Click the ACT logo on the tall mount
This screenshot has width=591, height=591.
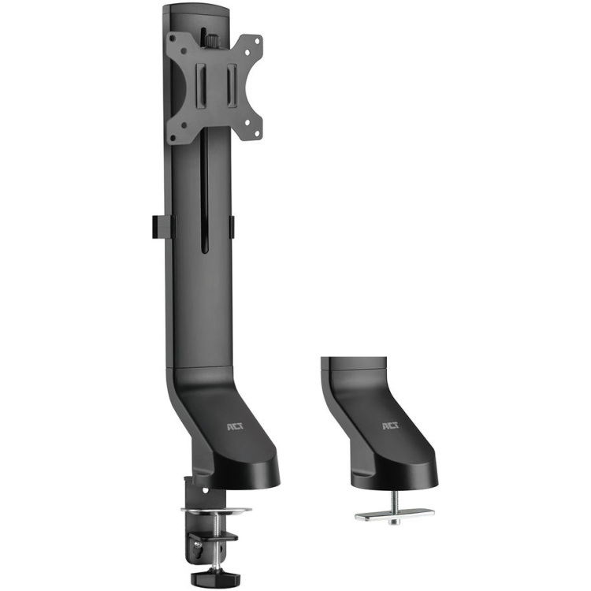click(x=235, y=426)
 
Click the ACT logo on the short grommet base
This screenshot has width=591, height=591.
click(x=391, y=426)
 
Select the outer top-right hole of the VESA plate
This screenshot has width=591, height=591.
click(x=258, y=41)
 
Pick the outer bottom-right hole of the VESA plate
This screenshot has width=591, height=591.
click(x=258, y=133)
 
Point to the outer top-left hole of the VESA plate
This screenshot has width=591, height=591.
click(x=173, y=39)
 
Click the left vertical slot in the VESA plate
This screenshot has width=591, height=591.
click(x=200, y=85)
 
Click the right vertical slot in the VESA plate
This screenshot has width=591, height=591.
click(x=232, y=85)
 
